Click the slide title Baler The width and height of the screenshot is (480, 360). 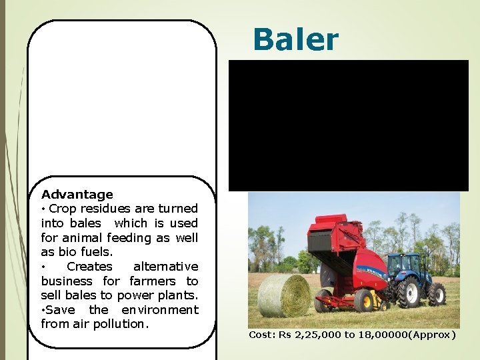295,40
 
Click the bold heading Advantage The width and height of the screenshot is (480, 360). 77,195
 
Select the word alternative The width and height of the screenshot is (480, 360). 165,267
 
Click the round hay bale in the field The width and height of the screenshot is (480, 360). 283,295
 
